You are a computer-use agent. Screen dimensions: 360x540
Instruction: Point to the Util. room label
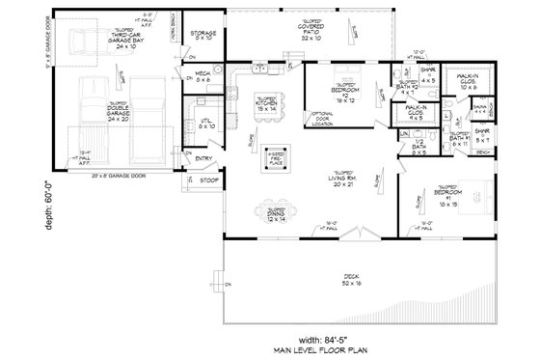[x=203, y=124]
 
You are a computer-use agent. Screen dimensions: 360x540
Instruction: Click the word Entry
[x=203, y=158]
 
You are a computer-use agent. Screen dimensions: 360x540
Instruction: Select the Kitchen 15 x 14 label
[x=266, y=103]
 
